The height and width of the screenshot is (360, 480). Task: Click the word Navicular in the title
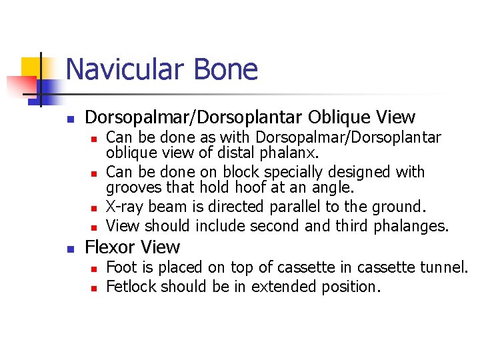123,69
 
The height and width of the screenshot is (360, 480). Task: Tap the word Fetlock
131,287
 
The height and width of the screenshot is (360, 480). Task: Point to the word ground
399,207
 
